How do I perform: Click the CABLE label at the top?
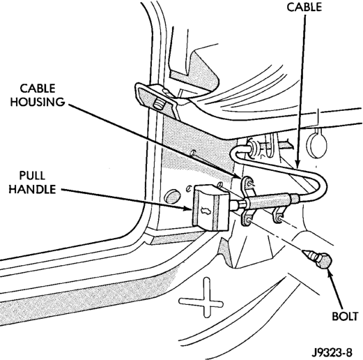[304, 7]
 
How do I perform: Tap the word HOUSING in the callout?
[38, 102]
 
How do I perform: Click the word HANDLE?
[32, 189]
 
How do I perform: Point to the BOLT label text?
[345, 316]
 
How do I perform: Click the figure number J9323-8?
[332, 352]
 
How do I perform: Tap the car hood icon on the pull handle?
[203, 211]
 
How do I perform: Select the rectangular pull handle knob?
[210, 209]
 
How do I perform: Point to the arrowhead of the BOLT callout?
[329, 271]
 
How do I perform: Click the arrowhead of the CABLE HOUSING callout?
[238, 176]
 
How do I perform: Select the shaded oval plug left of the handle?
[172, 197]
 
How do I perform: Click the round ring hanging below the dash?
[317, 144]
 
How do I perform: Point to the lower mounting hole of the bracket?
[248, 219]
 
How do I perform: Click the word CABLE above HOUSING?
[38, 89]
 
